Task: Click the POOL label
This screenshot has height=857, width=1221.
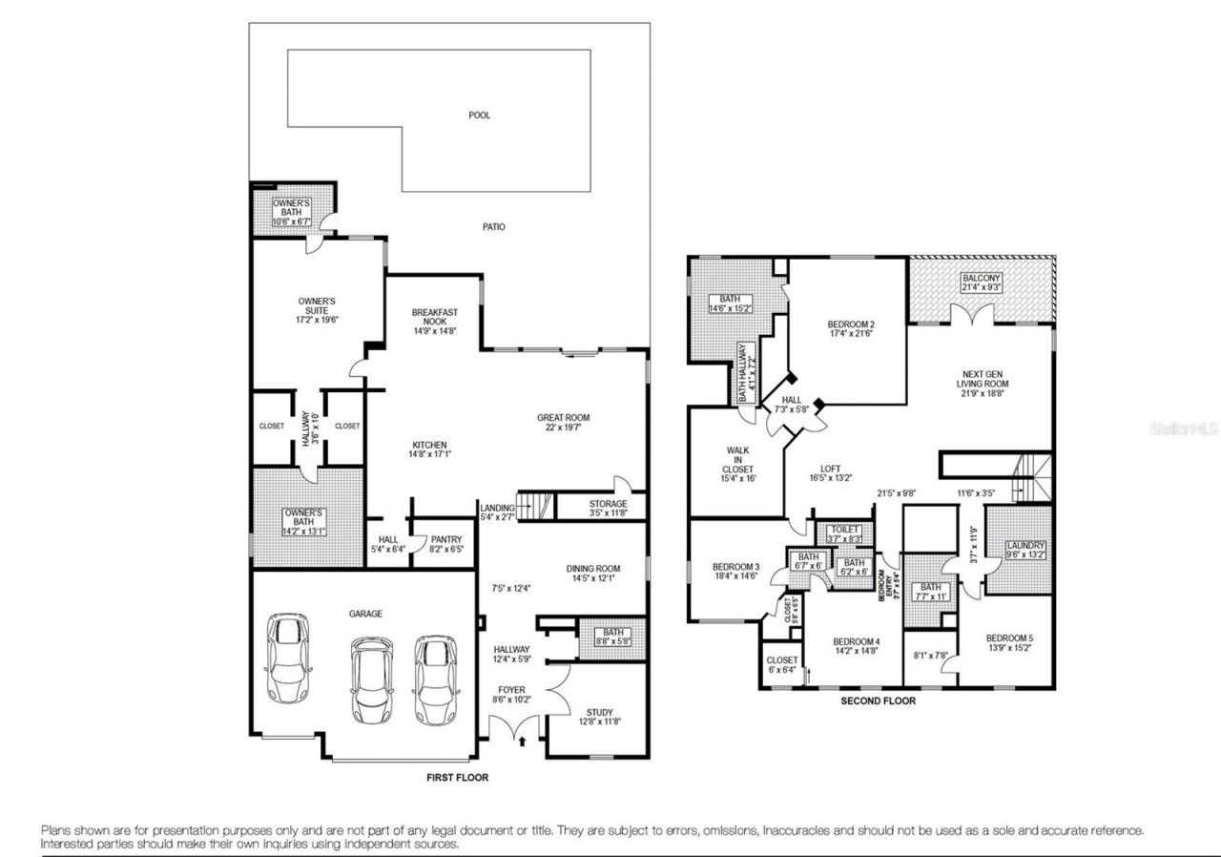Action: (x=479, y=115)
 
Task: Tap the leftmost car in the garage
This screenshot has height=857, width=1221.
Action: (x=288, y=659)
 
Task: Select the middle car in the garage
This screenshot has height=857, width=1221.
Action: (x=372, y=679)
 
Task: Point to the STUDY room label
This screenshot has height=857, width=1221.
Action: (x=600, y=712)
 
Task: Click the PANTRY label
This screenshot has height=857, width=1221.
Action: (x=446, y=539)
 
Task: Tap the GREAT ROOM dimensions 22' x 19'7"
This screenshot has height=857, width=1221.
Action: (x=563, y=428)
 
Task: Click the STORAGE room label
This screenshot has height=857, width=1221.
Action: (x=608, y=504)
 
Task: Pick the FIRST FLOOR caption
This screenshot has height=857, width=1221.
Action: (x=457, y=778)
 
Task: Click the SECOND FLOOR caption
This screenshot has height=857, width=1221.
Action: (x=878, y=700)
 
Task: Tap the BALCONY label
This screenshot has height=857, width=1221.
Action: (x=982, y=278)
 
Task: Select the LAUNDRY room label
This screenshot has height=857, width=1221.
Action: (x=1025, y=546)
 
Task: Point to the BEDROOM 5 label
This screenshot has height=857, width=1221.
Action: (x=1009, y=638)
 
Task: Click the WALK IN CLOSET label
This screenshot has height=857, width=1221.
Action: (x=738, y=460)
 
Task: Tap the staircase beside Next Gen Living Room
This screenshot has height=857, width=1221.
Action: (x=1032, y=478)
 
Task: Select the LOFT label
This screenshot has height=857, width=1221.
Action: (x=831, y=469)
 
